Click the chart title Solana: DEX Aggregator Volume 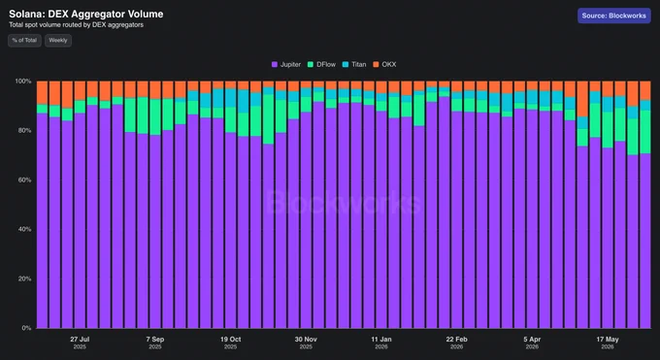[x=86, y=14]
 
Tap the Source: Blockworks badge [x=614, y=16]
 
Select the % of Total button [x=24, y=41]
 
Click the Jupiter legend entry [x=286, y=64]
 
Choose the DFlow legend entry [x=321, y=64]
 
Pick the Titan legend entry [x=354, y=64]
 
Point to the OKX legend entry [x=384, y=64]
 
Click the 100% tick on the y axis [x=23, y=81]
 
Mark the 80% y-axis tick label [x=24, y=131]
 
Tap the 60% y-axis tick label [x=24, y=180]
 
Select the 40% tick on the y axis [x=24, y=229]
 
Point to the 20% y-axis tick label [x=24, y=278]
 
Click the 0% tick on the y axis [x=26, y=328]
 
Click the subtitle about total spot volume [x=76, y=25]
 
